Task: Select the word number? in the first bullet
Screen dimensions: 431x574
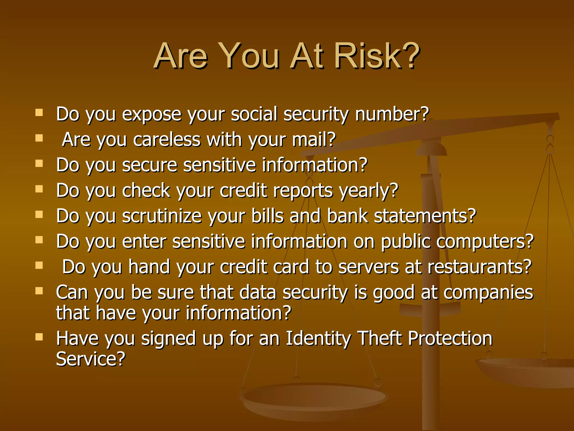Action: click(x=392, y=114)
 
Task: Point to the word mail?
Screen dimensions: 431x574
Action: click(x=314, y=139)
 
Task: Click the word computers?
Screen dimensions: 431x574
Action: click(x=485, y=242)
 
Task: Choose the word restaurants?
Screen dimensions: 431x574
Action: click(x=479, y=267)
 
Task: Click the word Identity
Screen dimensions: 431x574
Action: click(x=318, y=338)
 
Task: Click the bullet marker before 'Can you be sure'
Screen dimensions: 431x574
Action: click(x=39, y=291)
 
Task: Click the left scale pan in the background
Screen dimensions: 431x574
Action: click(x=314, y=398)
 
